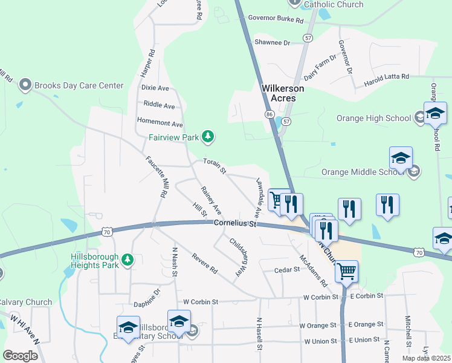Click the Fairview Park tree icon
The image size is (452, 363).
[x=208, y=137]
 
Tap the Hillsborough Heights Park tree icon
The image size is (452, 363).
[x=127, y=260]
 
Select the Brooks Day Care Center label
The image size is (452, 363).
[x=79, y=85]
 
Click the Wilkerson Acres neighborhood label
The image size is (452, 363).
[x=283, y=93]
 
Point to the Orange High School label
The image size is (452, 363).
[x=373, y=118]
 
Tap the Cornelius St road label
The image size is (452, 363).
[x=235, y=224]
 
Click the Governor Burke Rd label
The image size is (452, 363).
[x=276, y=19]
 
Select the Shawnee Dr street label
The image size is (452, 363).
[x=273, y=42]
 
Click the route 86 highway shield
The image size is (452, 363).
[x=270, y=114]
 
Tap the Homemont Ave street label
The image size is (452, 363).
[x=160, y=123]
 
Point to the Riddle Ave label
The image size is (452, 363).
[x=160, y=106]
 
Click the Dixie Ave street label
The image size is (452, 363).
[x=155, y=88]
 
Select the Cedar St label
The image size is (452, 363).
[x=287, y=270]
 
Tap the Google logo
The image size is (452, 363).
[x=20, y=355]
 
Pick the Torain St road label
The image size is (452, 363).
[x=215, y=166]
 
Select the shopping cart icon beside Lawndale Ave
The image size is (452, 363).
[x=277, y=199]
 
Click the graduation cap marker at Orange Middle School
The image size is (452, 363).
[x=401, y=159]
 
